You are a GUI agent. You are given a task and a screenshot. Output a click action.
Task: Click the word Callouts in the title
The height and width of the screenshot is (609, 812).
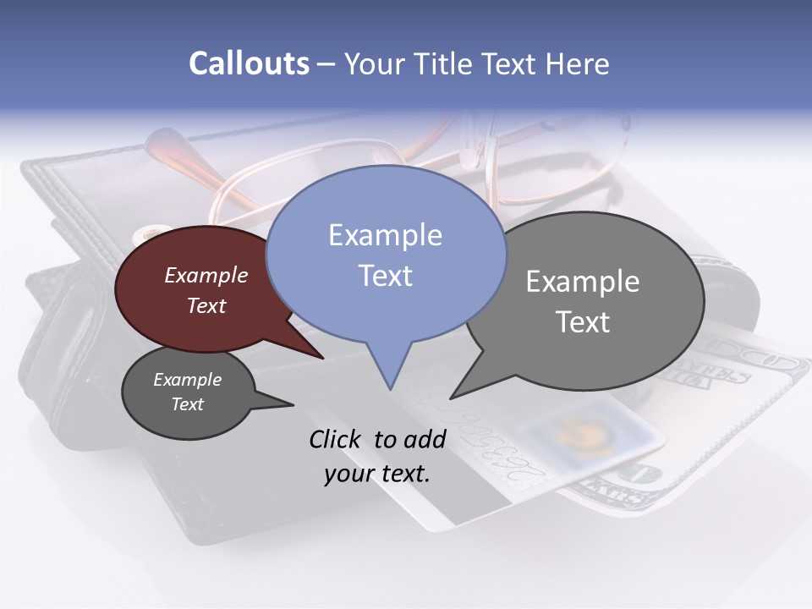[x=249, y=63]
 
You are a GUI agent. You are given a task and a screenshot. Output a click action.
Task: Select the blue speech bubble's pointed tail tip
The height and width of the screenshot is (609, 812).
[x=390, y=388]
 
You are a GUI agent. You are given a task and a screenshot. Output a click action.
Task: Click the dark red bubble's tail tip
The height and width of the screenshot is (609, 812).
[x=323, y=358]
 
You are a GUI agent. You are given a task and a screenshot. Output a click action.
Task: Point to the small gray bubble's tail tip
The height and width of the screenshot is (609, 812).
[x=292, y=404]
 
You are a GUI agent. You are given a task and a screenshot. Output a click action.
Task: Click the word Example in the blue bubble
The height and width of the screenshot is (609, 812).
[x=385, y=235]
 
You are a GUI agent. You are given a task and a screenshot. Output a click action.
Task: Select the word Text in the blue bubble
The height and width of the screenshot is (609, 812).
[x=385, y=276]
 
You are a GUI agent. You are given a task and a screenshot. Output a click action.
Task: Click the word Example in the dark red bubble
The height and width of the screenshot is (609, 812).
[x=206, y=275]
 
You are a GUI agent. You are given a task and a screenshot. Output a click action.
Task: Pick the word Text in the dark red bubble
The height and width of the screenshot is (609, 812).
[x=206, y=305]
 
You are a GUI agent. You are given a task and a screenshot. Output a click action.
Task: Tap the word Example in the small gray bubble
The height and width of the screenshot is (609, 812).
[x=187, y=380]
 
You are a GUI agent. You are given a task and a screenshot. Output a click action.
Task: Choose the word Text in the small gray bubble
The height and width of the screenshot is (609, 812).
[x=187, y=404]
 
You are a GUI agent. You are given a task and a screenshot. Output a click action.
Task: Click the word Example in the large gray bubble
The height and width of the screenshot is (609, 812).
[x=582, y=282]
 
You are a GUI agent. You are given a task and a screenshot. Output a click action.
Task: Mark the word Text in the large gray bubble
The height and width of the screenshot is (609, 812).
[x=582, y=322]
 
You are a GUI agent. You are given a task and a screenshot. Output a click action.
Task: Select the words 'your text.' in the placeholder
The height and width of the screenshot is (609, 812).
[x=377, y=474]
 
